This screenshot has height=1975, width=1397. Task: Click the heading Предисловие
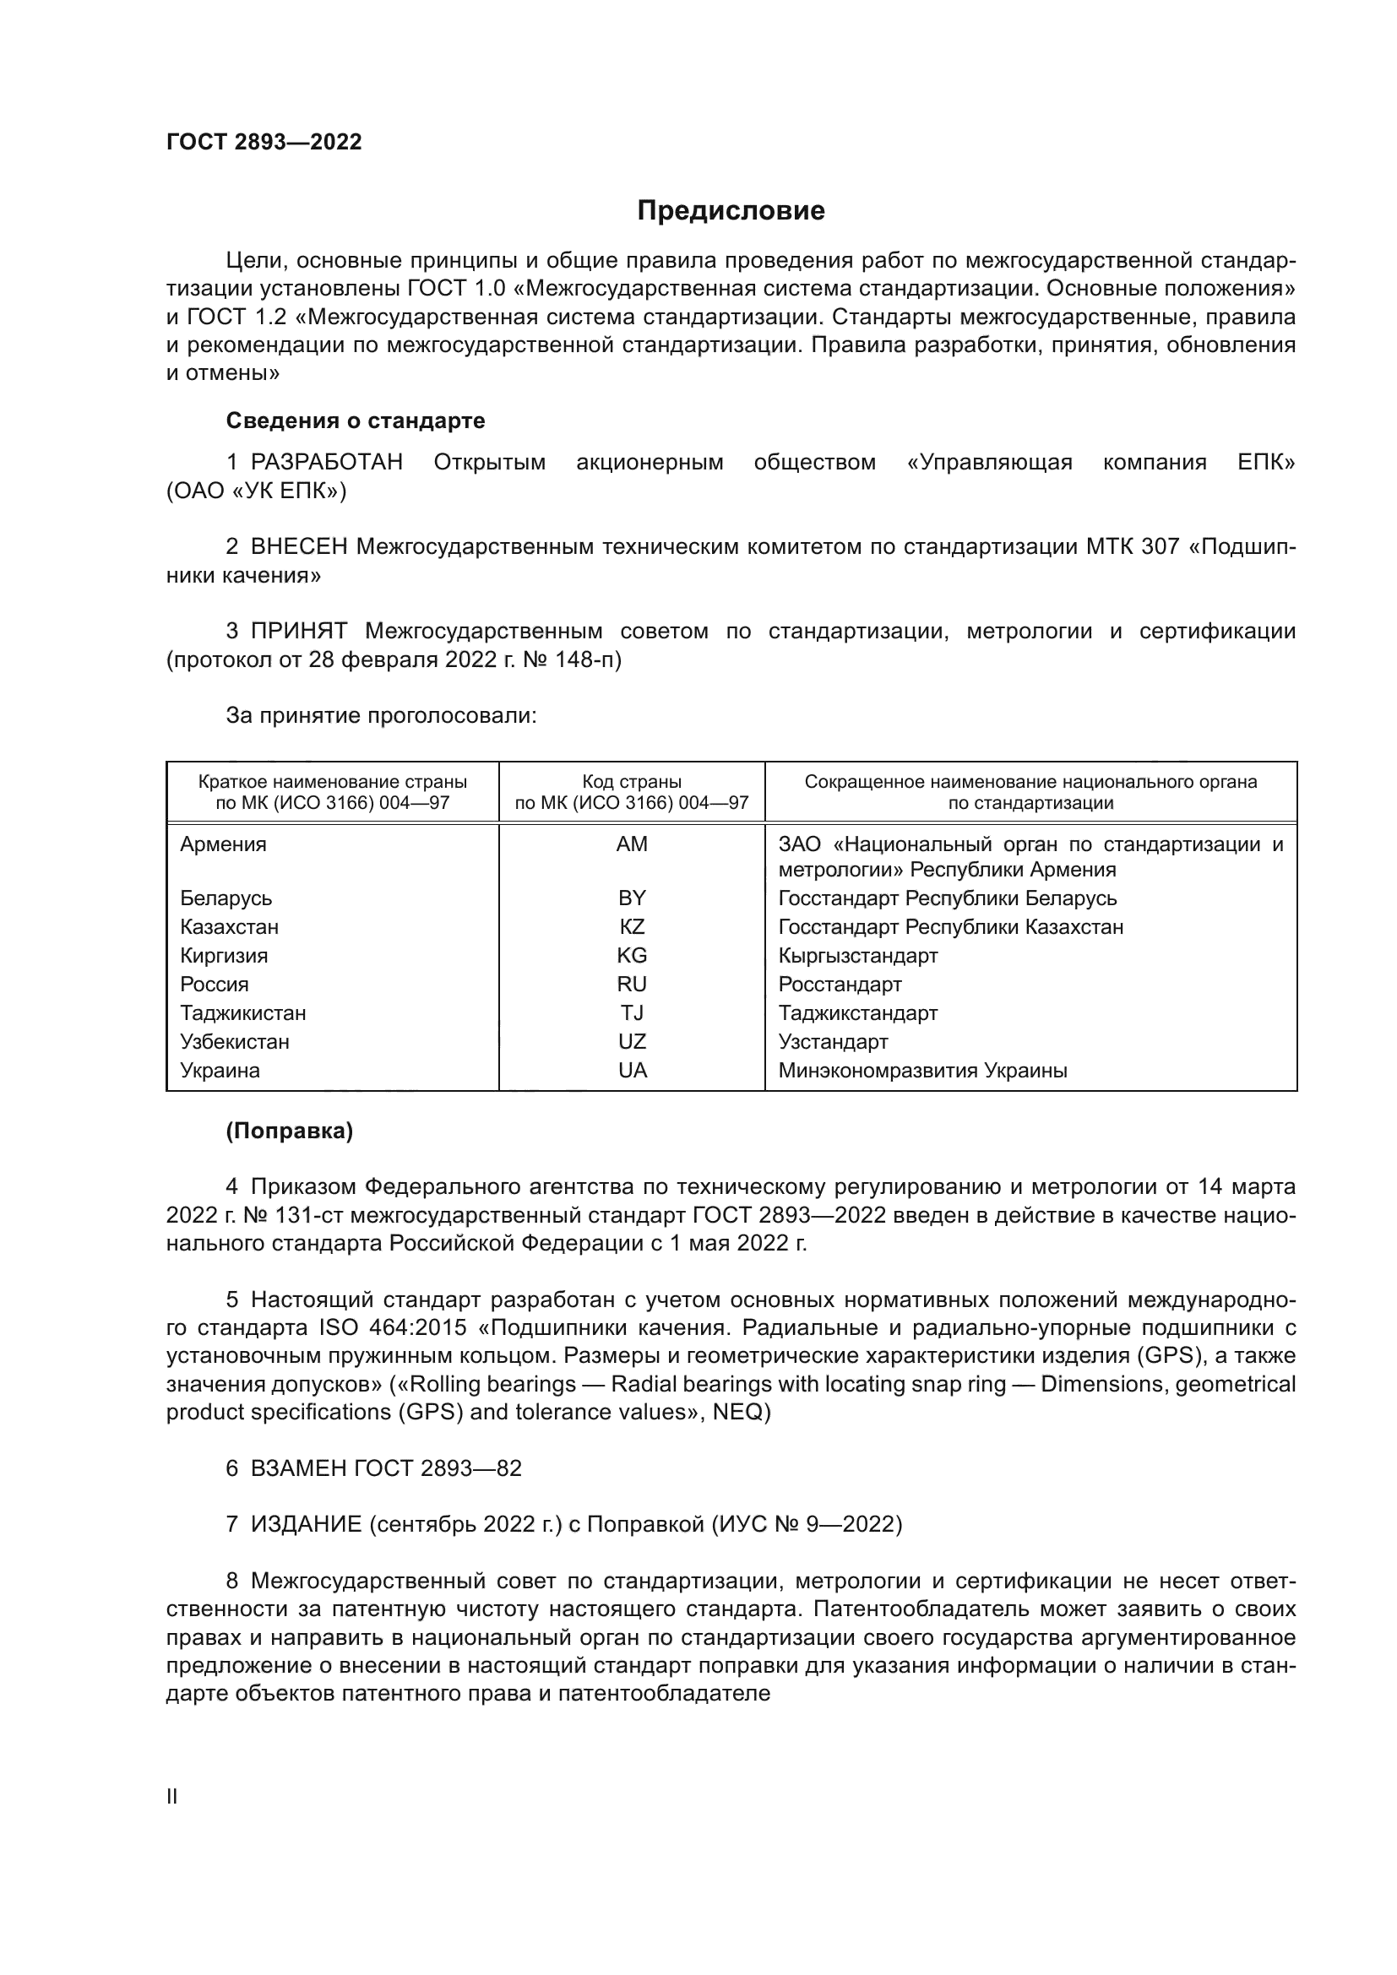pyautogui.click(x=731, y=211)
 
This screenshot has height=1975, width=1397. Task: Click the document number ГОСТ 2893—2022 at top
pyautogui.click(x=264, y=143)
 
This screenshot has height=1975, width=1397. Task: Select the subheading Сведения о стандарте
pyautogui.click(x=356, y=421)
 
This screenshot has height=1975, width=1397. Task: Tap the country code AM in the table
pyautogui.click(x=632, y=844)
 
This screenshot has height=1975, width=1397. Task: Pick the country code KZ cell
pyautogui.click(x=632, y=926)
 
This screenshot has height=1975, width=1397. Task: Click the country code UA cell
pyautogui.click(x=632, y=1070)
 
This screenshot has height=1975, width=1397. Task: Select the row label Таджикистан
pyautogui.click(x=242, y=1012)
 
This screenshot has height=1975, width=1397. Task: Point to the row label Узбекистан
pyautogui.click(x=234, y=1042)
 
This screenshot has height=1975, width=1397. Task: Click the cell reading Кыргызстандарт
pyautogui.click(x=857, y=956)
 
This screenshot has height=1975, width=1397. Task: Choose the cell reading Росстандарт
pyautogui.click(x=840, y=984)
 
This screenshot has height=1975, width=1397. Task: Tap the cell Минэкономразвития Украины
pyautogui.click(x=922, y=1071)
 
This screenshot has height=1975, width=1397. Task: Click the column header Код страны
pyautogui.click(x=632, y=782)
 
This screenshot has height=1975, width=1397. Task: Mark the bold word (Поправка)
pyautogui.click(x=289, y=1131)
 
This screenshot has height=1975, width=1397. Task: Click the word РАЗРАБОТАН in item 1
pyautogui.click(x=327, y=463)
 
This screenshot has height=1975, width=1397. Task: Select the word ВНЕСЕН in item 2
pyautogui.click(x=298, y=546)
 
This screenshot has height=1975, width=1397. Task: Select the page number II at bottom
pyautogui.click(x=172, y=1796)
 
